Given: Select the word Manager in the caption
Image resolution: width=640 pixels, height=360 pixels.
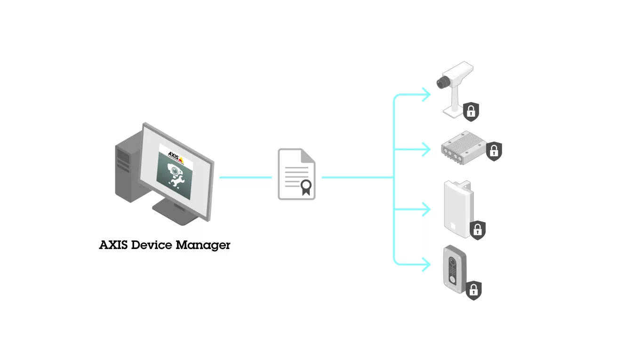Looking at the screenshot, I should tap(203, 246).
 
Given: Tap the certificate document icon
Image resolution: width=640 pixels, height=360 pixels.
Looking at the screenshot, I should tap(296, 174).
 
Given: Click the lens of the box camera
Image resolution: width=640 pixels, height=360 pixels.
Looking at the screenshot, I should tap(441, 83).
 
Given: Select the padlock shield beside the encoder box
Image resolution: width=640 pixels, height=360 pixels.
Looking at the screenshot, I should tap(494, 151).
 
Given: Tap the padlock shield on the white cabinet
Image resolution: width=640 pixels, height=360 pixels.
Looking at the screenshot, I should tap(478, 230).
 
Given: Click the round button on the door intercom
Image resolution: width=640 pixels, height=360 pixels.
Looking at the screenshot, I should tap(453, 278).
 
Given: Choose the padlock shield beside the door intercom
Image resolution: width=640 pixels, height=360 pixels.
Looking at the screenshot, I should tap(474, 290).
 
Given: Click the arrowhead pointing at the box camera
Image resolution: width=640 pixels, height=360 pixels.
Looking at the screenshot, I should tap(426, 95).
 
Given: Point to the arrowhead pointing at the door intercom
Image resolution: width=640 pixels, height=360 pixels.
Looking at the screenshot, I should tap(426, 264).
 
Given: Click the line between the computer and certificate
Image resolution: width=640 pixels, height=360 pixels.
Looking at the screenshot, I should tap(245, 177).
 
